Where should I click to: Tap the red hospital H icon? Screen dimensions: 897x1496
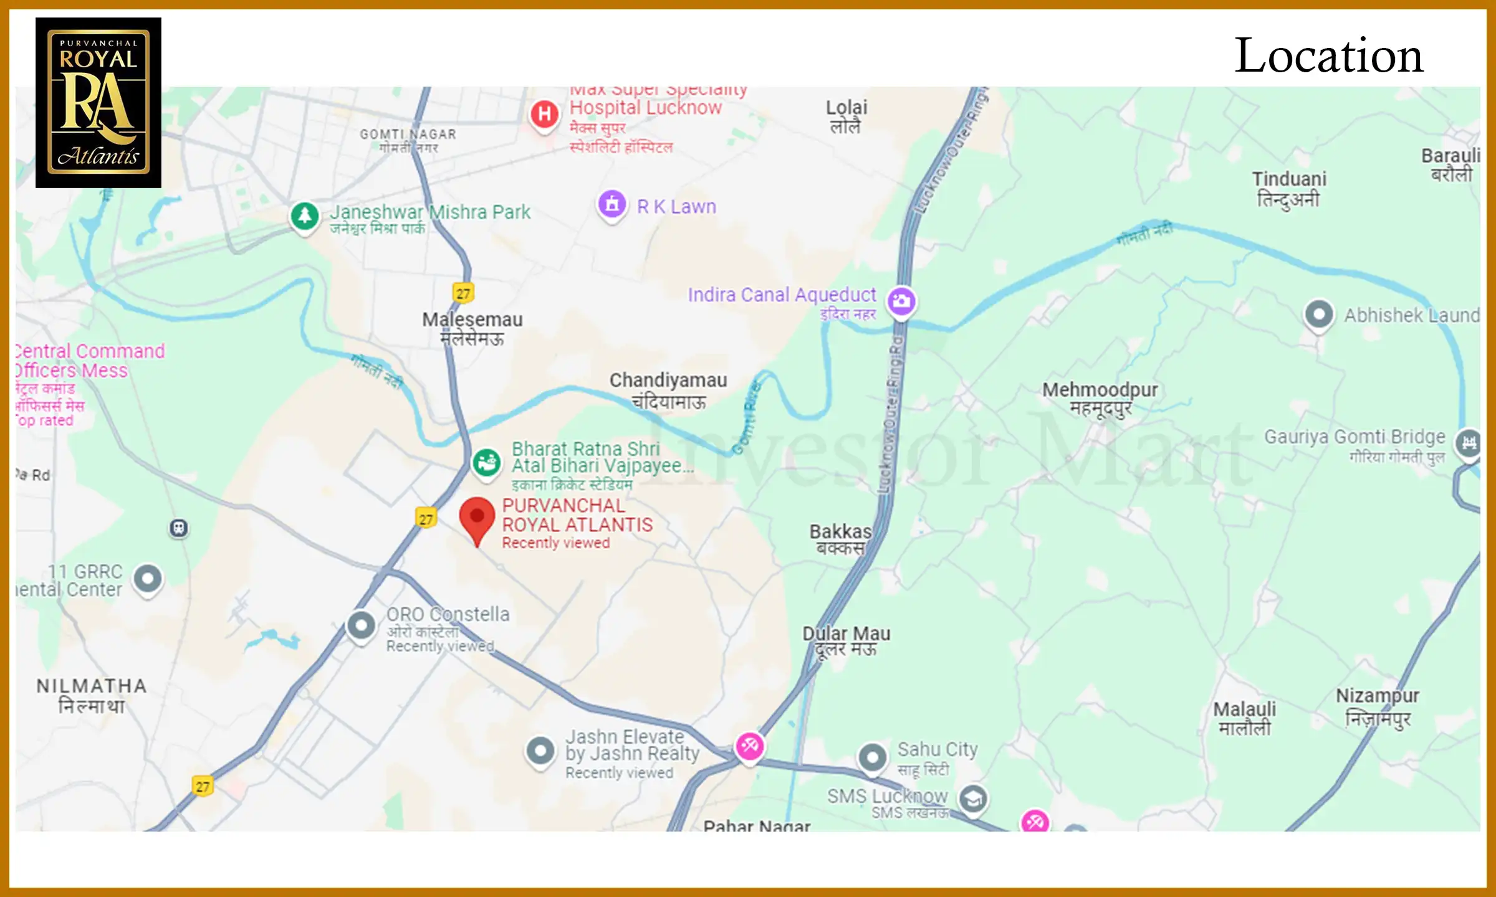tap(544, 114)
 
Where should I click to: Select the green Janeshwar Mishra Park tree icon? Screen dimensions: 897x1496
tap(305, 216)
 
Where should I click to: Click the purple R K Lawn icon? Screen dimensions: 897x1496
tap(612, 204)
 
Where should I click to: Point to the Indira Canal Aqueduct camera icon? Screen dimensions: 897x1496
tap(901, 301)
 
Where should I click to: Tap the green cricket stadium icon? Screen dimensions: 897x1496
tap(486, 463)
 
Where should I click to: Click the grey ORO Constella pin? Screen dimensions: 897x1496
tap(361, 624)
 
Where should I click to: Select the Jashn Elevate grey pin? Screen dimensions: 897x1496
tap(540, 751)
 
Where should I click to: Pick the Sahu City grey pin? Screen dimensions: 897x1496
tap(873, 757)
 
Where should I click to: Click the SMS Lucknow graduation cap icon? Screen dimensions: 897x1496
tap(973, 799)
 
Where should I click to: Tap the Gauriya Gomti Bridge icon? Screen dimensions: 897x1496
tap(1469, 443)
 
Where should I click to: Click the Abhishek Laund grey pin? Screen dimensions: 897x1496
tap(1319, 314)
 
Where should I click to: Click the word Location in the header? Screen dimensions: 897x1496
tap(1329, 56)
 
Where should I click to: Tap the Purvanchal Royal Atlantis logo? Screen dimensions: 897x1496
tap(98, 103)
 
